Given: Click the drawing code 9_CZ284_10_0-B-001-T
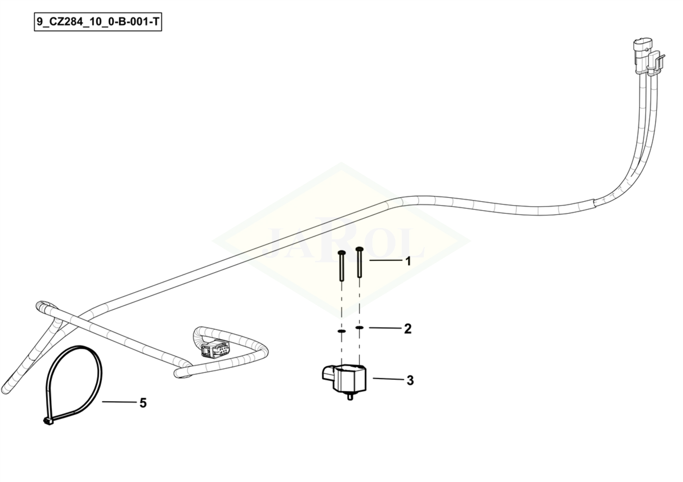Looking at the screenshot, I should (98, 22).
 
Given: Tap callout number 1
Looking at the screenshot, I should (408, 261).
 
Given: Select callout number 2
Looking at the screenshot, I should (408, 329).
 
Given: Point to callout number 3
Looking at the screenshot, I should (410, 380).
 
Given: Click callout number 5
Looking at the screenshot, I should (143, 403).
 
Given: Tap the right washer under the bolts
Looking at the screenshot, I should (360, 327).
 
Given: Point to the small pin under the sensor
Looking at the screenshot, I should (350, 397).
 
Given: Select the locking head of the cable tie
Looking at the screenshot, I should (48, 421).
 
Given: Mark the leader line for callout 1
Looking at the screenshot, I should (385, 261).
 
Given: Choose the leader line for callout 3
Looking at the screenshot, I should (387, 379).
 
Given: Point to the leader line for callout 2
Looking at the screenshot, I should (385, 328).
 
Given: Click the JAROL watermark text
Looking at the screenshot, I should (341, 240).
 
